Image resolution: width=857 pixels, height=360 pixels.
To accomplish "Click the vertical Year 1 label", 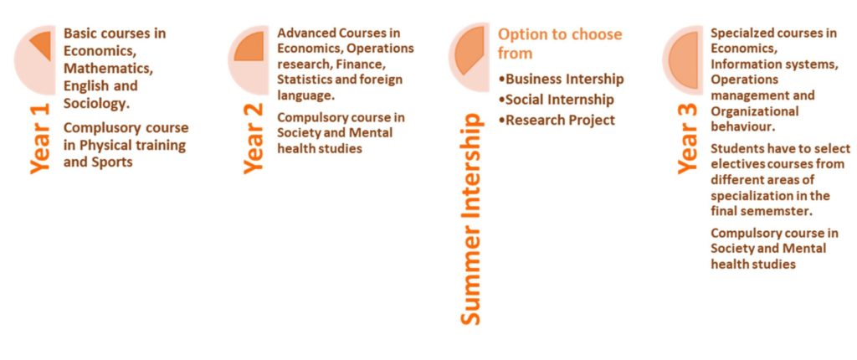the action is pyautogui.click(x=39, y=138).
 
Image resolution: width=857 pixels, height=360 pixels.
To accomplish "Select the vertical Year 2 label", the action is pyautogui.click(x=253, y=138).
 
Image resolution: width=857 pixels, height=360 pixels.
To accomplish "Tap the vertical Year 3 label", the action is pyautogui.click(x=688, y=138).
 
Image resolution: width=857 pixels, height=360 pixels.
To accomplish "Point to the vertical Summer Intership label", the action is pyautogui.click(x=470, y=219).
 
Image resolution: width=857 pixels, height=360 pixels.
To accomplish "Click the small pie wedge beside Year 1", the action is pyautogui.click(x=42, y=45).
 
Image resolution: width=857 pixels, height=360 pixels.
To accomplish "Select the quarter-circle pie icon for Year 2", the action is pyautogui.click(x=249, y=46).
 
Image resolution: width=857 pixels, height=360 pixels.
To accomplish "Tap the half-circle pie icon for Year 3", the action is pyautogui.click(x=683, y=60).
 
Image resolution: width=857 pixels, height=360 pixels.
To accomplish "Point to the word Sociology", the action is pyautogui.click(x=92, y=104).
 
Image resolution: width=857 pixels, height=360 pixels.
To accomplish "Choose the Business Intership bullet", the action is pyautogui.click(x=562, y=80).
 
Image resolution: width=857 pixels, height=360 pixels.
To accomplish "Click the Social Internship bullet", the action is pyautogui.click(x=557, y=100).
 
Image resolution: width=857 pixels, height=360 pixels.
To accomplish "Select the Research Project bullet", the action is pyautogui.click(x=557, y=120).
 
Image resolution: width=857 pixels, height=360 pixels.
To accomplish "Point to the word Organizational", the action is pyautogui.click(x=755, y=111).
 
